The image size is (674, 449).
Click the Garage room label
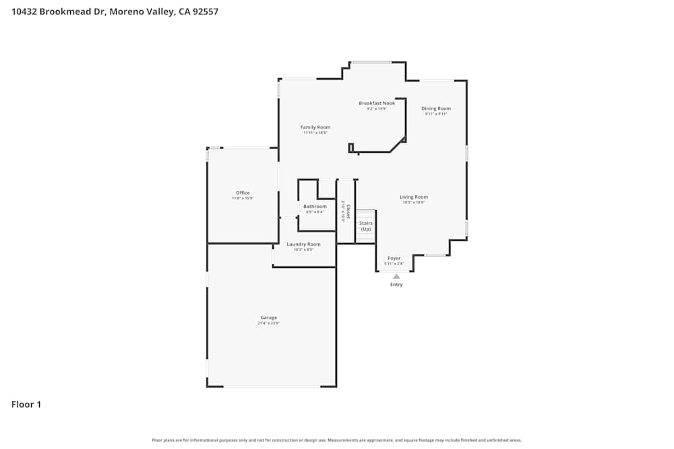click(x=268, y=318)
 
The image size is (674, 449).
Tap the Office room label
click(x=243, y=193)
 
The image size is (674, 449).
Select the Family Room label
click(x=315, y=127)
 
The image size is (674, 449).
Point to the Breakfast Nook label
click(x=377, y=103)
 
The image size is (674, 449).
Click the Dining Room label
click(x=436, y=108)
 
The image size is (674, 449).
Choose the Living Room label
click(x=414, y=197)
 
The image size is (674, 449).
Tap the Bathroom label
click(x=315, y=207)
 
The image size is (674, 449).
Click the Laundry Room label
click(x=303, y=244)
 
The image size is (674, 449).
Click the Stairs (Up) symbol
click(x=365, y=226)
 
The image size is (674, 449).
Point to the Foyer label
click(x=394, y=258)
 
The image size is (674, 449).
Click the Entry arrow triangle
click(x=396, y=276)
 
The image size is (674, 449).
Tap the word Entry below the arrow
click(x=396, y=285)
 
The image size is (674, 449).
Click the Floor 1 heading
click(x=26, y=405)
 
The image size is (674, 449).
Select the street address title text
click(x=115, y=11)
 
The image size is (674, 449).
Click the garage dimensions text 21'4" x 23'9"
click(x=268, y=323)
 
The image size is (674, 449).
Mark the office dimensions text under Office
click(x=243, y=199)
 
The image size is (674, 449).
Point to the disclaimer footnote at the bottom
click(x=337, y=440)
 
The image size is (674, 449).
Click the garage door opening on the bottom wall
click(x=272, y=386)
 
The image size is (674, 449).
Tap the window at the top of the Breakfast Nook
click(x=371, y=63)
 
